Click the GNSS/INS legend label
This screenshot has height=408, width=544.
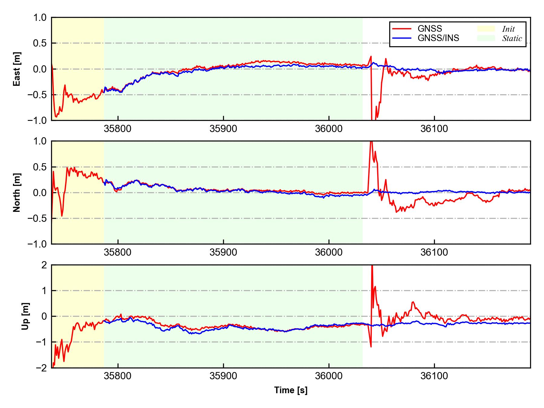(438, 38)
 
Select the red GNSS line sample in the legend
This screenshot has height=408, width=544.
(402, 29)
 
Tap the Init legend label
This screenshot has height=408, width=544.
(508, 29)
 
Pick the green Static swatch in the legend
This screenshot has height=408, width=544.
(486, 38)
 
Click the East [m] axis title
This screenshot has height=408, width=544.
(17, 69)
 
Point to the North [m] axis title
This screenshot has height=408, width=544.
(17, 193)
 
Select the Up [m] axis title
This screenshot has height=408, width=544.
(25, 316)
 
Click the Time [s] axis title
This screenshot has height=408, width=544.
(291, 390)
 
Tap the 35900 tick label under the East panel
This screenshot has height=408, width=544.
(223, 129)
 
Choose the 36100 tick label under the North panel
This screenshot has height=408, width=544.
(434, 252)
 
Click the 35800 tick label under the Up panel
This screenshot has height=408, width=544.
(118, 376)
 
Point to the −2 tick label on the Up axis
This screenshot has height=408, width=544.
(41, 368)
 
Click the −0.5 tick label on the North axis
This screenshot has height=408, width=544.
(37, 218)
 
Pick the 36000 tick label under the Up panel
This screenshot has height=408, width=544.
(329, 376)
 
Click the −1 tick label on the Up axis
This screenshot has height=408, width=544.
(41, 342)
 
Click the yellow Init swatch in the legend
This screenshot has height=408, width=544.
(486, 29)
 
